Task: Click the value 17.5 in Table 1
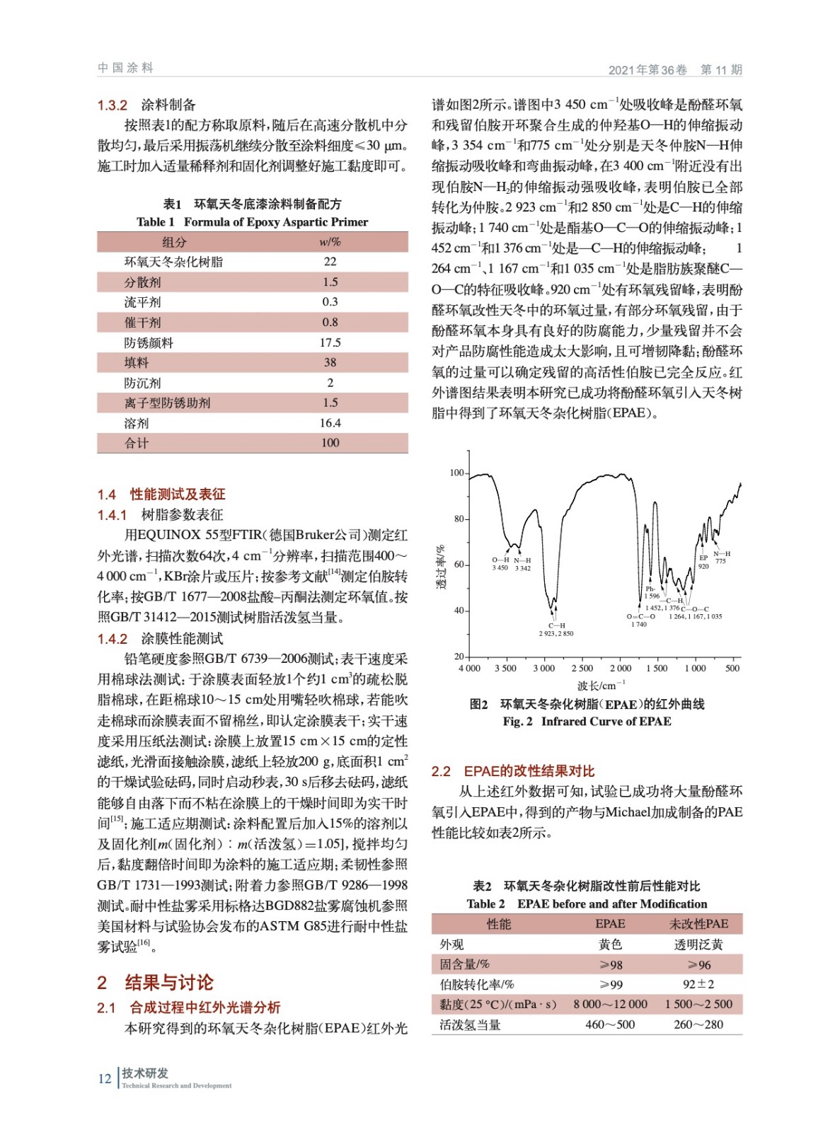pos(330,342)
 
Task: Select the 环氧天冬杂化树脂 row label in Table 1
pos(173,262)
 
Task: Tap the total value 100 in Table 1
pos(330,443)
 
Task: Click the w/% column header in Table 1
pos(330,242)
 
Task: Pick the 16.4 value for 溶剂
pos(330,423)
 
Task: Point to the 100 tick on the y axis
pos(456,473)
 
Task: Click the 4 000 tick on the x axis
pos(469,668)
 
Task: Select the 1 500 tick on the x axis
pos(657,668)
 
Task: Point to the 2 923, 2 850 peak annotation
pos(556,633)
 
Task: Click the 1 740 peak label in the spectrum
pos(639,624)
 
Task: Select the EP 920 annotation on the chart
pos(703,562)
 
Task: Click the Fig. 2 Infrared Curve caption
pos(587,722)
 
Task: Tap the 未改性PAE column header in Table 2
pos(698,924)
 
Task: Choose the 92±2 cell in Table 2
pos(698,984)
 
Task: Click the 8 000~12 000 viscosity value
pos(610,1004)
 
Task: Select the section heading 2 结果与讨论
pos(156,983)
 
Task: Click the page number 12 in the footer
pos(105,1078)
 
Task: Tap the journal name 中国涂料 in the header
pos(125,68)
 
